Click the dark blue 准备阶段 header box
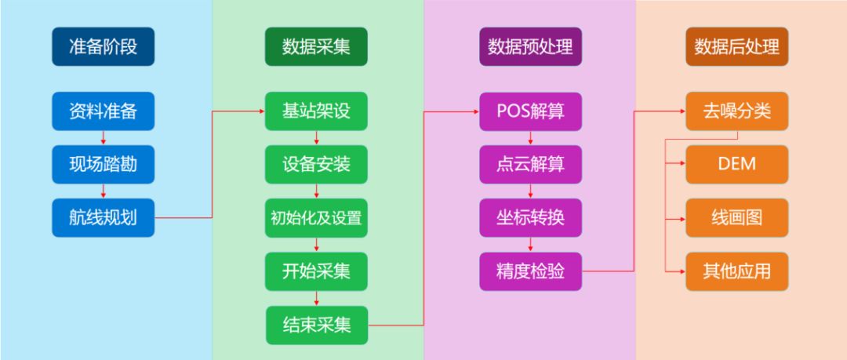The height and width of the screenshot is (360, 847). [x=104, y=47]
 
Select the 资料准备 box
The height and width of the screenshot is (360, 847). [x=104, y=111]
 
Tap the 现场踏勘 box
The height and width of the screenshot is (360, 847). [x=104, y=165]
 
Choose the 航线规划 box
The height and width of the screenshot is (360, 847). [x=104, y=218]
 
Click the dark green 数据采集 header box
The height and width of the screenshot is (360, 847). [x=316, y=47]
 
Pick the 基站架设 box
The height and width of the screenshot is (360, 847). [x=316, y=111]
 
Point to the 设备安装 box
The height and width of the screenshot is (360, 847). [x=316, y=165]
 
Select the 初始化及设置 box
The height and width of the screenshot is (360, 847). [x=316, y=218]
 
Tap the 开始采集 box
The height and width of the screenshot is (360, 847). [x=316, y=271]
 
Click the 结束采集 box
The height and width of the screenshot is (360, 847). [x=316, y=325]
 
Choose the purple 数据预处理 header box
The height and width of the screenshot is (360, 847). [x=530, y=47]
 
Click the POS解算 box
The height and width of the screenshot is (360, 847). [x=530, y=111]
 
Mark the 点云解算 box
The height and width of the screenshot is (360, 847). [x=530, y=165]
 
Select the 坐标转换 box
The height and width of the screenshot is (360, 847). [x=530, y=218]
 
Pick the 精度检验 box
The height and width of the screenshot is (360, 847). [x=530, y=271]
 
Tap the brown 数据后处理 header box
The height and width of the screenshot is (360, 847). [x=736, y=47]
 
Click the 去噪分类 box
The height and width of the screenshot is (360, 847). [x=736, y=111]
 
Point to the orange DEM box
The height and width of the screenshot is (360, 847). [x=736, y=165]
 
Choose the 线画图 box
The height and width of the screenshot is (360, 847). [x=736, y=218]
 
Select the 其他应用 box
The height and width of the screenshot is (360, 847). [x=736, y=271]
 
